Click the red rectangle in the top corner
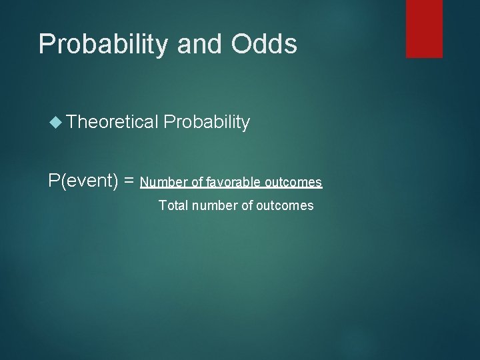click(424, 28)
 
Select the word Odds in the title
click(265, 44)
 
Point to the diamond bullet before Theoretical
click(56, 122)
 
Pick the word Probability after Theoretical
click(207, 122)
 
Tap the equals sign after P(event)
click(130, 181)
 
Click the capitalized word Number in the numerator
click(161, 182)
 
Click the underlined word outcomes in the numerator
click(293, 182)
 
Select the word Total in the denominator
click(173, 205)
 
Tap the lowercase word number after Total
click(215, 205)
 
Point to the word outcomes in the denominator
click(285, 205)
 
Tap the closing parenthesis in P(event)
click(117, 181)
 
